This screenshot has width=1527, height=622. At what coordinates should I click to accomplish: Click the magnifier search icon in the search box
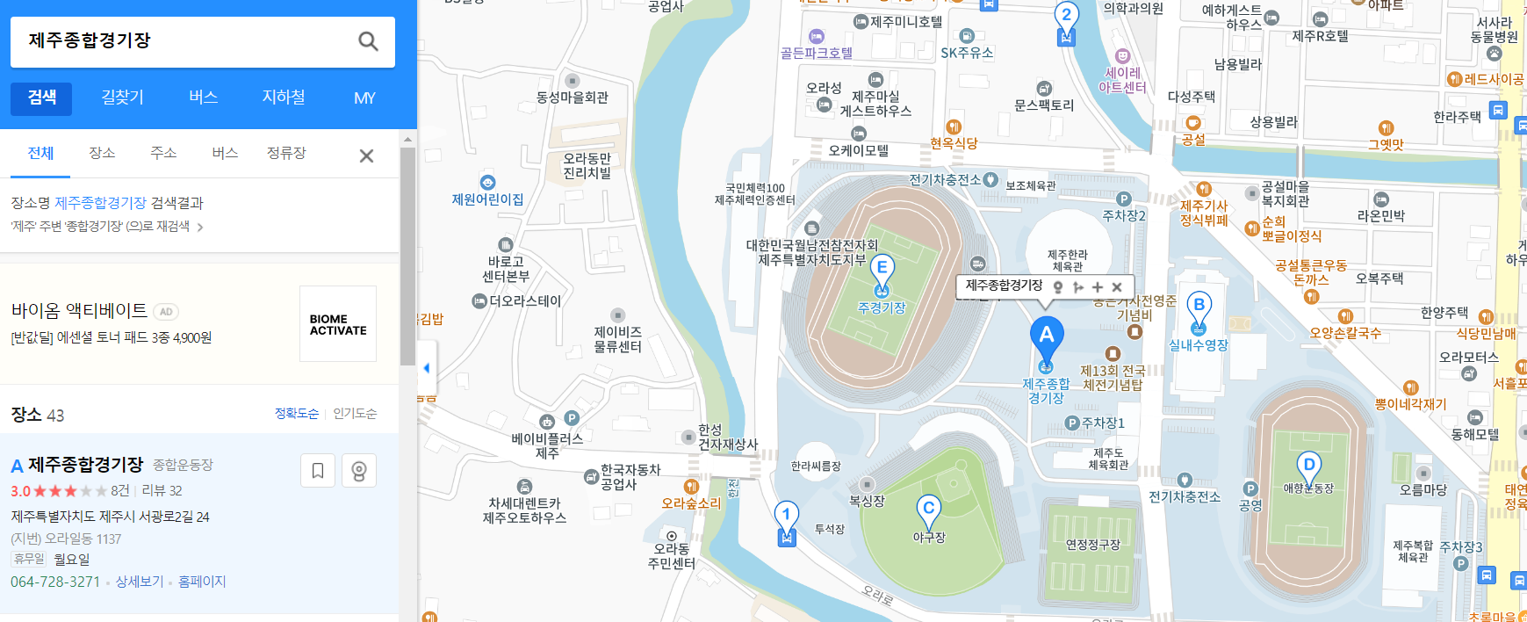[368, 41]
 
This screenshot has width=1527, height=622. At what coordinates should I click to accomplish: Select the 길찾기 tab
[122, 98]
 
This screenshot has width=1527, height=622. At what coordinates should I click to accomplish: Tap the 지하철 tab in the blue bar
[284, 98]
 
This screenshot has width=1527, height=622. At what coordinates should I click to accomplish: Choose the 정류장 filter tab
[286, 153]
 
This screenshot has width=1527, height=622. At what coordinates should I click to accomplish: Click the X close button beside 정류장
[366, 155]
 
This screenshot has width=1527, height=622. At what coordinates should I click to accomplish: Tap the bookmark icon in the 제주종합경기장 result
[318, 471]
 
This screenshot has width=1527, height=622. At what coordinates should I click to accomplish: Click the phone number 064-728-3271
[55, 582]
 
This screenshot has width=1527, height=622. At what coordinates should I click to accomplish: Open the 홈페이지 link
[202, 582]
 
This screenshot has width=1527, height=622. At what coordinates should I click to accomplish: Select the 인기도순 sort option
[355, 414]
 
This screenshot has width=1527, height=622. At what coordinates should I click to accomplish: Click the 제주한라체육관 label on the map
[1068, 260]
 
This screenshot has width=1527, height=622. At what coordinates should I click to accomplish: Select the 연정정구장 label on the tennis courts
[1092, 545]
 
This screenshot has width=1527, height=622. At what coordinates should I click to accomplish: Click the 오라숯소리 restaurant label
[691, 503]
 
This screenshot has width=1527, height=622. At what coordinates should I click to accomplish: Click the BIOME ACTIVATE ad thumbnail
[338, 324]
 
